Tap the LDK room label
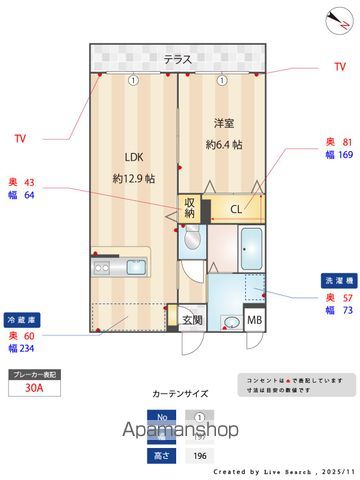tap(133, 156)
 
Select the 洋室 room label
tap(225, 123)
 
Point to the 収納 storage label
tap(190, 207)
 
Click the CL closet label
tap(236, 210)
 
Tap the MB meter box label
tap(254, 321)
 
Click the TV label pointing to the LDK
tap(20, 138)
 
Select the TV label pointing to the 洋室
tap(339, 67)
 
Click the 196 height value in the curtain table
tap(199, 456)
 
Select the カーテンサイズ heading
tap(179, 395)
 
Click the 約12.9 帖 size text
tap(133, 179)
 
